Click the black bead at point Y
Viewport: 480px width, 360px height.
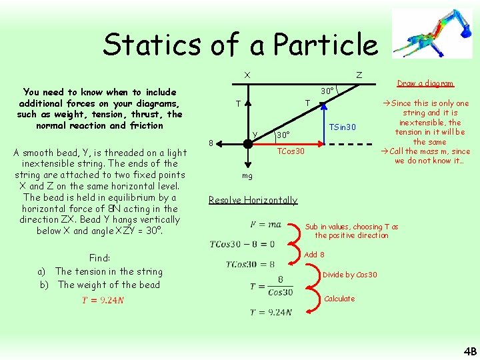[246, 142]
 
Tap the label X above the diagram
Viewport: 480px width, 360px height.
[247, 75]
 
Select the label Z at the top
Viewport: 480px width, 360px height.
[359, 75]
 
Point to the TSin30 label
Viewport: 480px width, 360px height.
[343, 127]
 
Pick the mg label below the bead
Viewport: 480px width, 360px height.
[247, 176]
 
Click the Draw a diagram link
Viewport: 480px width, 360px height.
[425, 83]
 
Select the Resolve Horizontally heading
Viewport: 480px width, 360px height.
[253, 200]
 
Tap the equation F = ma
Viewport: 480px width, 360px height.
[265, 225]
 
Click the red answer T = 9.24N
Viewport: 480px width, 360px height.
[103, 300]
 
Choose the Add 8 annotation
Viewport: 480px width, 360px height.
[314, 255]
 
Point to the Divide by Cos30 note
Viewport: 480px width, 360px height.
[349, 275]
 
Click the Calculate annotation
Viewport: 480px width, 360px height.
[339, 299]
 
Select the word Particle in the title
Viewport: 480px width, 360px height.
[325, 45]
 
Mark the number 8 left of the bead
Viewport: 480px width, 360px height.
[211, 143]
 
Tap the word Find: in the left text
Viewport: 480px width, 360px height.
[99, 258]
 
